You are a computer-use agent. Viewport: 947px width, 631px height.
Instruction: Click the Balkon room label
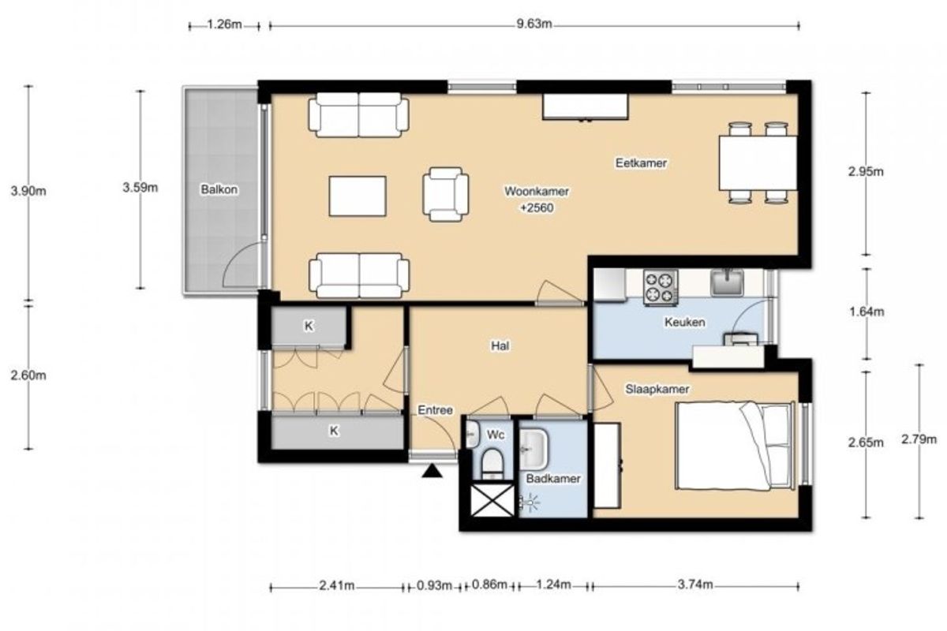coord(219,190)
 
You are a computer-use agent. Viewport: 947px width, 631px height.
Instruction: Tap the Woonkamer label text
coord(537,192)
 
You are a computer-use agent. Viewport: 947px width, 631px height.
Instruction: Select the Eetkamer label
coord(641,163)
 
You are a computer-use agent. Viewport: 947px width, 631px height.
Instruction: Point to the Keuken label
coord(684,323)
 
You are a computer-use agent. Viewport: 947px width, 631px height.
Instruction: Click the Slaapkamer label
coord(657,390)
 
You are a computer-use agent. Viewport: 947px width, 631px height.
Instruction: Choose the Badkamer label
coord(553,479)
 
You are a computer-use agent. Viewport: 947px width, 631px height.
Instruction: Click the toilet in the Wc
coord(493,463)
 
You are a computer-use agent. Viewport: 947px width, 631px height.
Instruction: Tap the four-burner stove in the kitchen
coord(661,287)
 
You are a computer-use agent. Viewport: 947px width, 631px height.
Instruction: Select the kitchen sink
coord(727,282)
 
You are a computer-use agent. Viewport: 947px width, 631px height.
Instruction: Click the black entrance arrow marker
coord(432,471)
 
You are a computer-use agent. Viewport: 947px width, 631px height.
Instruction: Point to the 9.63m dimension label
coord(534,24)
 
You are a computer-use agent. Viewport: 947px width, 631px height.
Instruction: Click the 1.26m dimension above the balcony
coord(224,24)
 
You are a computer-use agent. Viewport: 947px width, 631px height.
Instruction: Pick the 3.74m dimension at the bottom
coord(695,585)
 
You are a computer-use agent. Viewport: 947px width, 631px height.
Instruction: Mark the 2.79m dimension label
coord(919,439)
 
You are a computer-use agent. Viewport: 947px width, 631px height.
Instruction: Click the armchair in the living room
coord(446,194)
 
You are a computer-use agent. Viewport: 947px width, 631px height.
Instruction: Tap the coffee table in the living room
coord(357,196)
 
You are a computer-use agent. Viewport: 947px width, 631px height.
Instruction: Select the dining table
coord(758,163)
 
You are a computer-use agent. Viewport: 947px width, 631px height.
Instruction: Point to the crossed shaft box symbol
coord(492,500)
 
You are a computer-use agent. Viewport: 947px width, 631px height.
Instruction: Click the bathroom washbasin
coord(533,450)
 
